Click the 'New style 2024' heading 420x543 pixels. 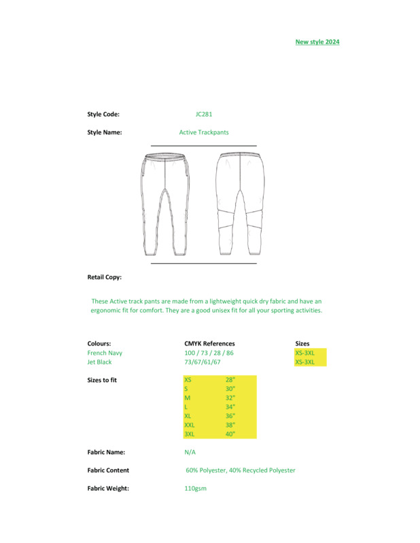pos(317,42)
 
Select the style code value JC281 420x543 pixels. pos(204,115)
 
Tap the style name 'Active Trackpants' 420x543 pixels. pos(204,132)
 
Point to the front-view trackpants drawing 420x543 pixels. pos(164,204)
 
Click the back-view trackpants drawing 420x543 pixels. pos(240,204)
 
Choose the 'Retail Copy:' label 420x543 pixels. pos(105,277)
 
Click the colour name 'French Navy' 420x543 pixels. pos(105,353)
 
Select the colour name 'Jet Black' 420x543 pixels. pos(99,362)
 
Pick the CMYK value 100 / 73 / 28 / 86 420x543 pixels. pos(209,353)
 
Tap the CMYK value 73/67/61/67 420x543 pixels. pos(205,362)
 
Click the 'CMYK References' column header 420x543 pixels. pos(209,343)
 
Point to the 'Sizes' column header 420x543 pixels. pos(302,343)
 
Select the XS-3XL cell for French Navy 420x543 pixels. pos(304,353)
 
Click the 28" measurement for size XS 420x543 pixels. pos(230,380)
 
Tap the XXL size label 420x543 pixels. pos(190,425)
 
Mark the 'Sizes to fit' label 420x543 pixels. pos(102,380)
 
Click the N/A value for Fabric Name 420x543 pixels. pos(190,452)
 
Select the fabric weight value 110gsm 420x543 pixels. pos(195,489)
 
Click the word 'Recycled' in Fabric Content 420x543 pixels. pos(258,470)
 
